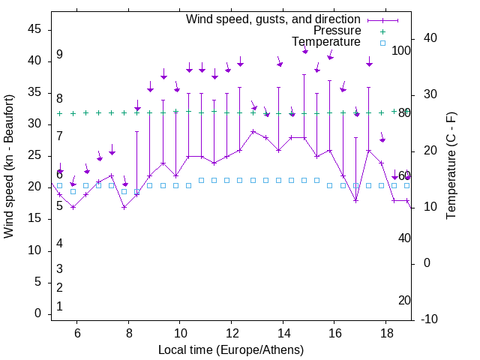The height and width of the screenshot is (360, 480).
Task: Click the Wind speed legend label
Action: click(x=273, y=19)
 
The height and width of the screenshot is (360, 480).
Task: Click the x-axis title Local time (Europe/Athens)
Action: click(x=231, y=349)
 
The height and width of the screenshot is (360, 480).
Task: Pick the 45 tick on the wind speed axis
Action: click(x=34, y=28)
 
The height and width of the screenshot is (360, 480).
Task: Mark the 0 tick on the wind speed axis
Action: click(x=38, y=313)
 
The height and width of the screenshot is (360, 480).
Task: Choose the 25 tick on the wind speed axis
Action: click(x=34, y=155)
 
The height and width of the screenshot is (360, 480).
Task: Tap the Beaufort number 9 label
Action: click(x=59, y=55)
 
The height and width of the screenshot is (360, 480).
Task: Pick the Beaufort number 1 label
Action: click(x=59, y=306)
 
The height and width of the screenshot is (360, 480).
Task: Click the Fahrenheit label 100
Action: click(x=401, y=50)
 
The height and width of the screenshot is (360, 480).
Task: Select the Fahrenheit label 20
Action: click(x=404, y=300)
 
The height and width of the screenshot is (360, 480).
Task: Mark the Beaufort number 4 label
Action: click(x=59, y=243)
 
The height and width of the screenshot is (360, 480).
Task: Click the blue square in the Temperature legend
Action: click(x=382, y=43)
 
